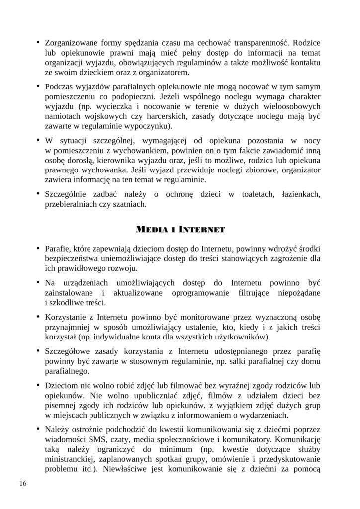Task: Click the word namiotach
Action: pyautogui.click(x=61, y=117)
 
